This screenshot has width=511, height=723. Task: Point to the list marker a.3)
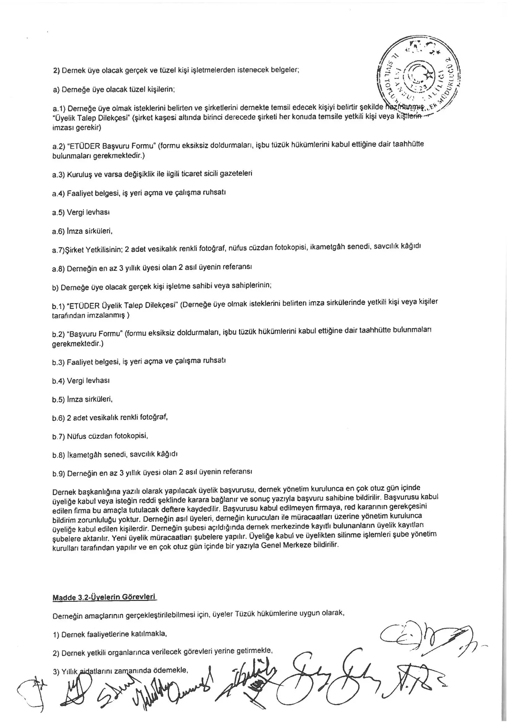(58, 175)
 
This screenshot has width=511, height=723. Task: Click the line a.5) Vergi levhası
(81, 212)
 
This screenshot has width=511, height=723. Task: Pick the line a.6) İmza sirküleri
(83, 231)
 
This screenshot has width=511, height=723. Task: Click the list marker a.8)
(58, 269)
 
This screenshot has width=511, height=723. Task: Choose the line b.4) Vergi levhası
(81, 381)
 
